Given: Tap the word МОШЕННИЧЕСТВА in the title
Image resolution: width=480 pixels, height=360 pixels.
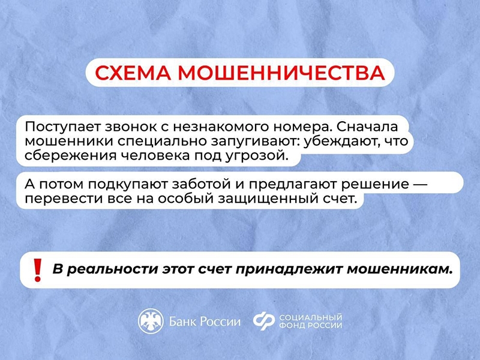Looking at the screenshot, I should click(x=283, y=73).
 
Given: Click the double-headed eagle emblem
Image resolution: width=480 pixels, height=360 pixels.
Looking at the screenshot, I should click(x=151, y=321).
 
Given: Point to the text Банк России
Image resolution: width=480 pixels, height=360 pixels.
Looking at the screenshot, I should click(x=205, y=322).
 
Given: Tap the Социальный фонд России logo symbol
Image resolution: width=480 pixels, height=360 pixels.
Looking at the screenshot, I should click(x=264, y=321).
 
